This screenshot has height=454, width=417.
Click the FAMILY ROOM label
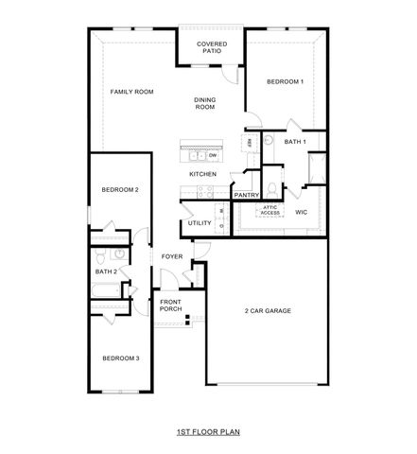coord(131,92)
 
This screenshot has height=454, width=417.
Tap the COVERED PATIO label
coord(209,48)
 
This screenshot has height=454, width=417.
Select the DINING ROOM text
coord(205,104)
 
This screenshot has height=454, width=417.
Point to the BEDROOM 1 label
coord(285,82)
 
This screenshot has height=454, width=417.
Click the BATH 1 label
coord(296,142)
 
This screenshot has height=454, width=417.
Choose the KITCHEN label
coord(202,174)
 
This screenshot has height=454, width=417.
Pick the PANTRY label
coord(247,196)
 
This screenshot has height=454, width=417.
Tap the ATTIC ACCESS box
coord(270,211)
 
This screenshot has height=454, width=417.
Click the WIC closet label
coord(302,212)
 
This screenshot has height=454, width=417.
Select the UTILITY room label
coord(200,223)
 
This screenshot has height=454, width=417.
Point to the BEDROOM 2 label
coord(121,190)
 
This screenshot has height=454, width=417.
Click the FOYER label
coord(171,256)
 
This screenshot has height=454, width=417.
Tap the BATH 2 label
coord(106,272)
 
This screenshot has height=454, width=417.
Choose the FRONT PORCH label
coord(170,306)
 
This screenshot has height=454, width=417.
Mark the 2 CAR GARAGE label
coord(267,311)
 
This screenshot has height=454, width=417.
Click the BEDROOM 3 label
coord(121,358)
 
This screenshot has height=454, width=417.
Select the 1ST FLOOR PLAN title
coord(208,431)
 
